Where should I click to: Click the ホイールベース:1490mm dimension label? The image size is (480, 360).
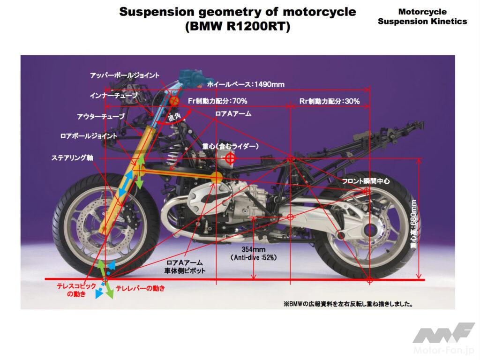click(x=246, y=84)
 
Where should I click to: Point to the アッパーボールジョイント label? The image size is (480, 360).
click(x=125, y=75)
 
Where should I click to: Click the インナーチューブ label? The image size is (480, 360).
click(x=114, y=96)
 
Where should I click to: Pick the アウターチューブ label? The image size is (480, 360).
click(x=101, y=116)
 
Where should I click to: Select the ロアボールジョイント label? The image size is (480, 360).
click(x=89, y=136)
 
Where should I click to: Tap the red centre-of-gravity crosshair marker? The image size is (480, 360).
click(x=230, y=158)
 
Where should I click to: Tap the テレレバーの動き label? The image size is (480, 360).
click(x=140, y=289)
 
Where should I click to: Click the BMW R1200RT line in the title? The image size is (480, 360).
click(x=238, y=27)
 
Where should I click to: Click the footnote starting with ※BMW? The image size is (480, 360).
click(x=348, y=303)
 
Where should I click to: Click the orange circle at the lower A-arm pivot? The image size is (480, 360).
click(x=217, y=177)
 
